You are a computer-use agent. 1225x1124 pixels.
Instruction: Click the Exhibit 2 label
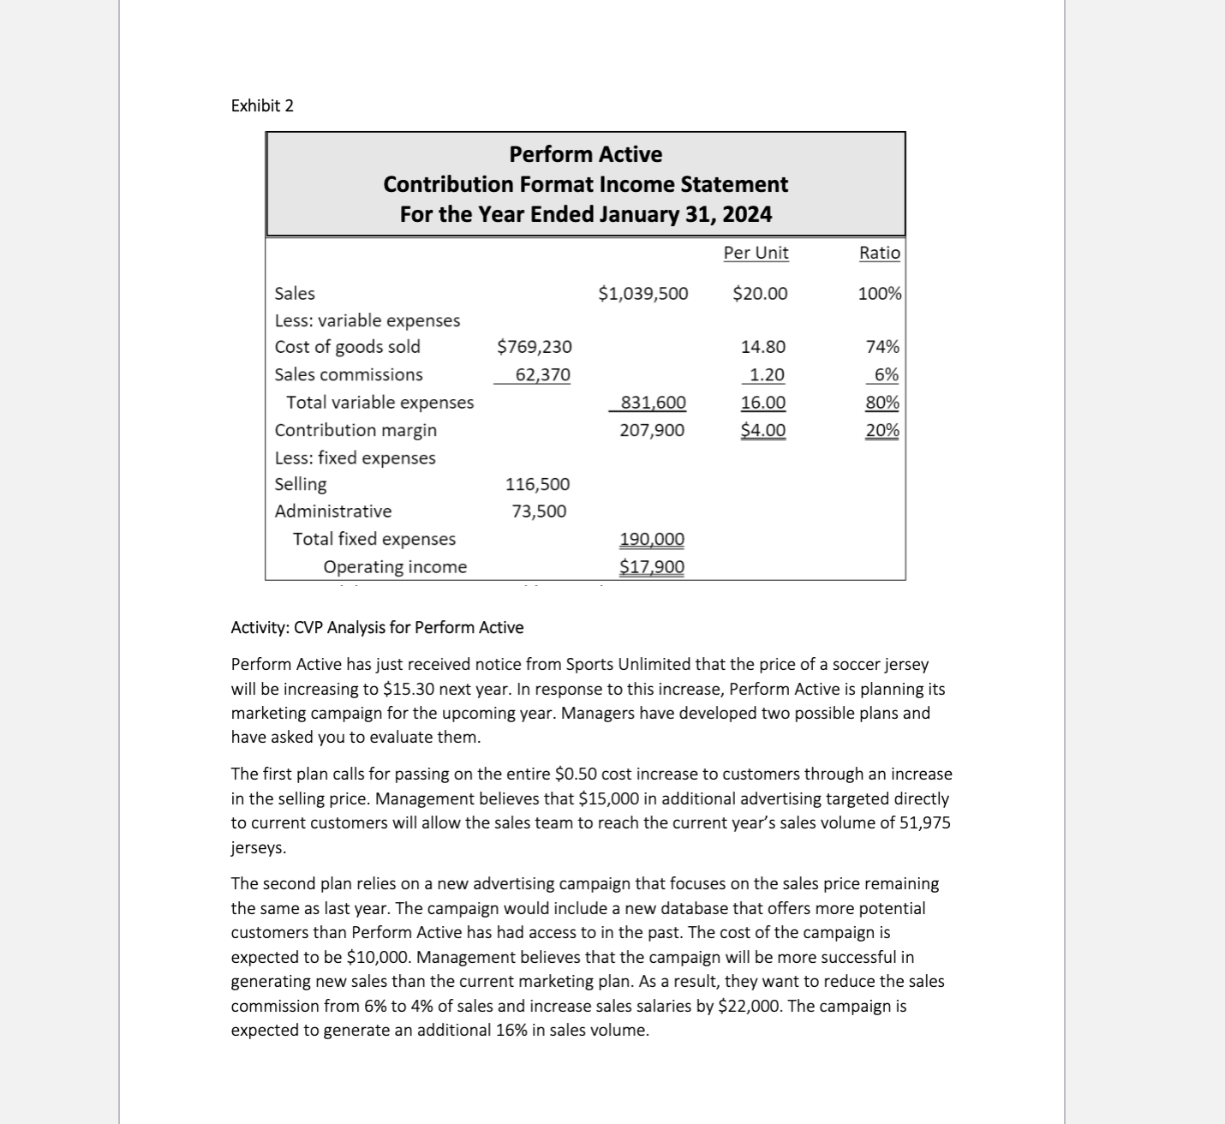(x=262, y=105)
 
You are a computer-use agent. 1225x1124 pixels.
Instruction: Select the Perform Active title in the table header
(x=585, y=154)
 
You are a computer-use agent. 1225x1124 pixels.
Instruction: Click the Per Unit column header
(x=756, y=253)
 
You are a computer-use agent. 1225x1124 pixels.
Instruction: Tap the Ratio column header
(x=879, y=253)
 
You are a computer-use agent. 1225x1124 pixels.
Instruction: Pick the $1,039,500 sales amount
(x=642, y=294)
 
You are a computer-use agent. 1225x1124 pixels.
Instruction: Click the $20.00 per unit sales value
(x=760, y=294)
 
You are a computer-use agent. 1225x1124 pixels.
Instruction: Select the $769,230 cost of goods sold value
(x=535, y=347)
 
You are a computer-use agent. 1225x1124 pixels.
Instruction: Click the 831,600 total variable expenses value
(x=653, y=403)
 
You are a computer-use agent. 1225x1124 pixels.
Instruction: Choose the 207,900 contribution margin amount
(x=652, y=430)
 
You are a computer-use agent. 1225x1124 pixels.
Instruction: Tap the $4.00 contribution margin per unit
(x=762, y=430)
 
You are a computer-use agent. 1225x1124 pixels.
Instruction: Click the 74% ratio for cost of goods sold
(x=882, y=347)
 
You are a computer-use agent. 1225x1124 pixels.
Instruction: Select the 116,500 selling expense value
(x=537, y=484)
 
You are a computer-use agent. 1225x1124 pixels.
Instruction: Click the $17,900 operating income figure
(x=652, y=567)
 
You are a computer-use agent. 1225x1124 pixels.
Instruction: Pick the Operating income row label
(x=395, y=567)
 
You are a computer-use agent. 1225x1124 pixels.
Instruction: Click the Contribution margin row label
(x=356, y=430)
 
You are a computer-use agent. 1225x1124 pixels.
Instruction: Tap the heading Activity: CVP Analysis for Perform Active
(x=377, y=627)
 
